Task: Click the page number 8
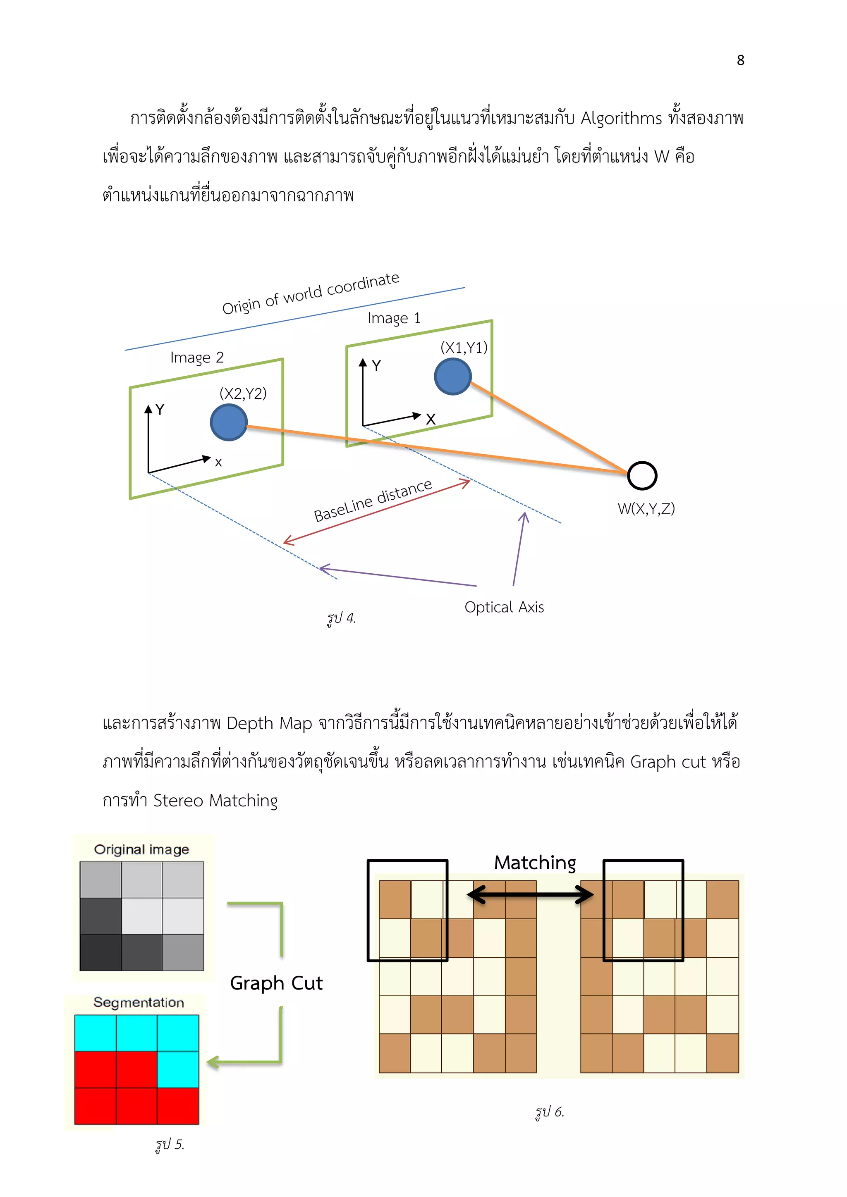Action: coord(740,60)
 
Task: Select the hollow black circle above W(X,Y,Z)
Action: coord(641,475)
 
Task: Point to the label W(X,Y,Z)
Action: coord(646,508)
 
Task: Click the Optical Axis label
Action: coord(504,607)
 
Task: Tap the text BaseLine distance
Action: coord(373,501)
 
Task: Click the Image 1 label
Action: coord(394,318)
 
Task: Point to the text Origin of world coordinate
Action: coord(311,293)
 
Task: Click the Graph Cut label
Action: coord(276,983)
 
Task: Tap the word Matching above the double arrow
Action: coord(535,863)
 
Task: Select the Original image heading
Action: coord(141,850)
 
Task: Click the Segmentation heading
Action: coord(138,1003)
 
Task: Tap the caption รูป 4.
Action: coord(341,618)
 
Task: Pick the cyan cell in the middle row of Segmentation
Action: coord(178,1069)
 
